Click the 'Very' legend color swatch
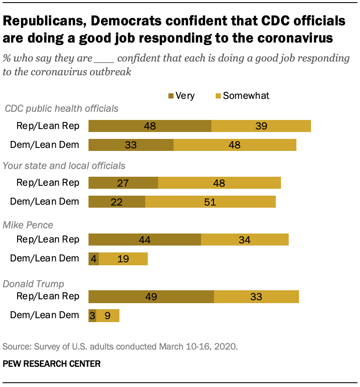(x=171, y=95)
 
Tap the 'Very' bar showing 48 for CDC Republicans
(x=150, y=126)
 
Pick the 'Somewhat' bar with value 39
(x=261, y=126)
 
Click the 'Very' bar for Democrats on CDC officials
(x=131, y=145)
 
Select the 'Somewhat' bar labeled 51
(x=211, y=202)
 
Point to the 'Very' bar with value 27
(x=123, y=183)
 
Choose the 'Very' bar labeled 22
(x=117, y=202)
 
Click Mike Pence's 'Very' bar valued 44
(x=145, y=240)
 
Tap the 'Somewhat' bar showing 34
(x=245, y=240)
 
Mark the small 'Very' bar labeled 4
(x=94, y=258)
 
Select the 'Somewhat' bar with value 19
(x=123, y=258)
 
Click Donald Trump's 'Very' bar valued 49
(x=151, y=296)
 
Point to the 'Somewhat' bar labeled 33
(x=256, y=296)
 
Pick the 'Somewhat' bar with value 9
(x=108, y=315)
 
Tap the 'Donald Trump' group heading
(x=34, y=284)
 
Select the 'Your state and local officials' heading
(x=64, y=166)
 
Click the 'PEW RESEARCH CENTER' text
(x=52, y=364)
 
